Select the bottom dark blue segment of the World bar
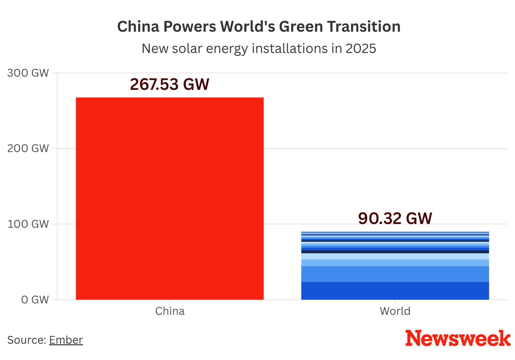pos(395,290)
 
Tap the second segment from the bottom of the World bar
pos(395,274)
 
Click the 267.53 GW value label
pos(170,85)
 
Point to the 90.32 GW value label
pos(395,218)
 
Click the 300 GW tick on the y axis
pos(28,73)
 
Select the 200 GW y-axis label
pos(28,148)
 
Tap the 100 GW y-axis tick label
pos(28,224)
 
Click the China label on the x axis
pos(170,311)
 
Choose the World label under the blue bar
pos(395,311)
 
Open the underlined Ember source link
pos(66,340)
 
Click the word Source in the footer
pos(26,340)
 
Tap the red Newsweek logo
pos(458,339)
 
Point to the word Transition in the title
pos(368,27)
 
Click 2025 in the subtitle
pos(360,48)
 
